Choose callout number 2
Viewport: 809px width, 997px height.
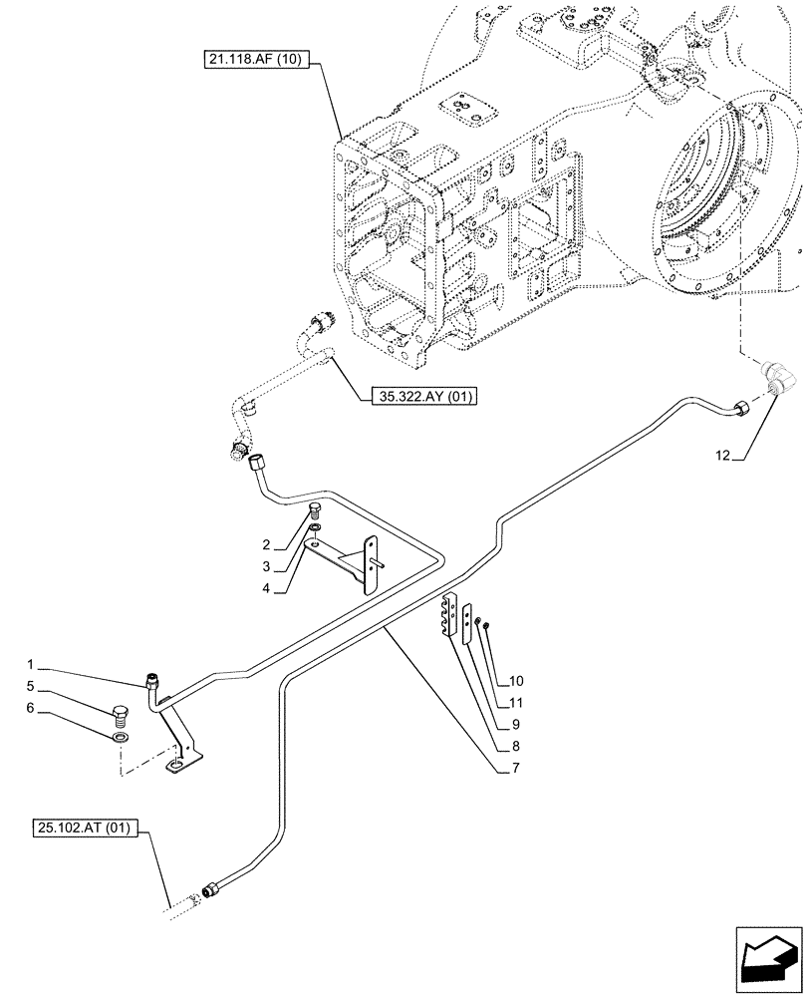point(267,544)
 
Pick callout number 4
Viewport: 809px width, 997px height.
point(267,588)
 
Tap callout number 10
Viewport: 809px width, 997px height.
point(516,681)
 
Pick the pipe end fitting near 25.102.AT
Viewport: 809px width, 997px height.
point(209,889)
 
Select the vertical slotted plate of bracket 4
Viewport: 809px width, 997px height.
point(373,565)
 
